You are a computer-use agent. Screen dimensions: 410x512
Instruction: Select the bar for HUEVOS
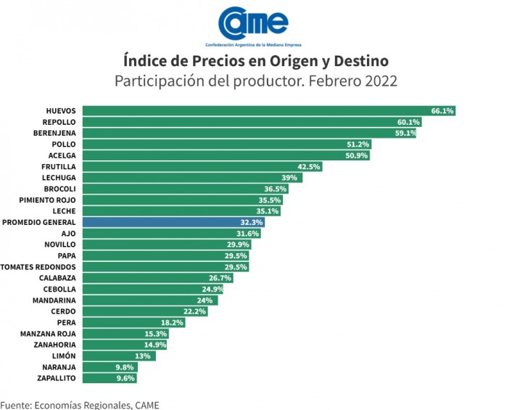tap(268, 111)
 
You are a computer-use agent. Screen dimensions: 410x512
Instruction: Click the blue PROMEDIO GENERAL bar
tap(173, 222)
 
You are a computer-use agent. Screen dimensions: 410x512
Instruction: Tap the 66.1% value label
tap(442, 111)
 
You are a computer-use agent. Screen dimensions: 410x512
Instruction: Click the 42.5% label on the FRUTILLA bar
tap(309, 167)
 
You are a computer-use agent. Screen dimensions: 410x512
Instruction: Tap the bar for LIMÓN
tap(118, 356)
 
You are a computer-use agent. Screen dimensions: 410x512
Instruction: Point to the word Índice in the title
tap(144, 60)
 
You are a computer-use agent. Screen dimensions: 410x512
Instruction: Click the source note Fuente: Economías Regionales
tap(80, 404)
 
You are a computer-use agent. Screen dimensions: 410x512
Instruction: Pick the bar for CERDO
tap(145, 311)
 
